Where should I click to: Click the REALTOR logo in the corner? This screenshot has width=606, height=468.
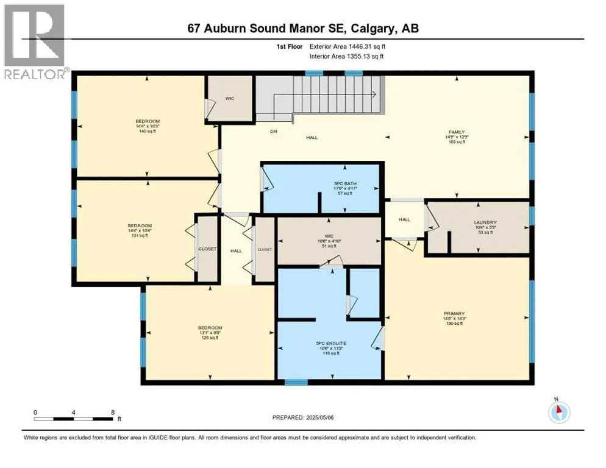35,42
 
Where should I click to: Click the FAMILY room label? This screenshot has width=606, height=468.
457,132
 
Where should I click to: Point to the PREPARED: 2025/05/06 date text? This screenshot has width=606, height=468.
303,417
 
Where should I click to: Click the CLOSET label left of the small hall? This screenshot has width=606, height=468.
207,249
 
